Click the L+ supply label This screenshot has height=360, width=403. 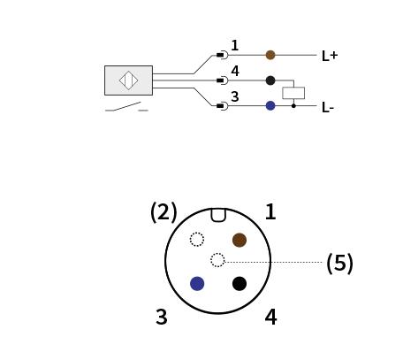click(330, 56)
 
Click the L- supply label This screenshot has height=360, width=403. click(328, 108)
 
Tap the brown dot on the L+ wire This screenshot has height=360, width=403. click(270, 55)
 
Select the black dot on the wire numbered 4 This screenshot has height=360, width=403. click(270, 80)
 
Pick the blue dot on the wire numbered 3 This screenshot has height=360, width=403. click(270, 105)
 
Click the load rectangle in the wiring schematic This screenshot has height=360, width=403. click(293, 93)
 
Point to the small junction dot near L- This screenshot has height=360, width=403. click(293, 105)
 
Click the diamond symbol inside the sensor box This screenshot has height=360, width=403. click(128, 80)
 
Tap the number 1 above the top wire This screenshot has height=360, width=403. click(235, 45)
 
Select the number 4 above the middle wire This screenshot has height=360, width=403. click(235, 71)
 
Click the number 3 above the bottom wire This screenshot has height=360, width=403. click(235, 96)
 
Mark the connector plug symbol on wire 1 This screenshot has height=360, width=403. click(222, 55)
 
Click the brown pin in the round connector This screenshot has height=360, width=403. click(240, 240)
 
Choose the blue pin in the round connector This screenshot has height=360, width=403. click(197, 284)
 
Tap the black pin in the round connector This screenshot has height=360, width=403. click(240, 284)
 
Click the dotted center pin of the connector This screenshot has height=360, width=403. click(217, 260)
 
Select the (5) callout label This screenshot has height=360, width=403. click(339, 263)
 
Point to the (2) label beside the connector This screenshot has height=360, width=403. click(163, 212)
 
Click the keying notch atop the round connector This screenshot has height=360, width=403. click(218, 215)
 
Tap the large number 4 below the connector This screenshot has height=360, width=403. click(270, 317)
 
